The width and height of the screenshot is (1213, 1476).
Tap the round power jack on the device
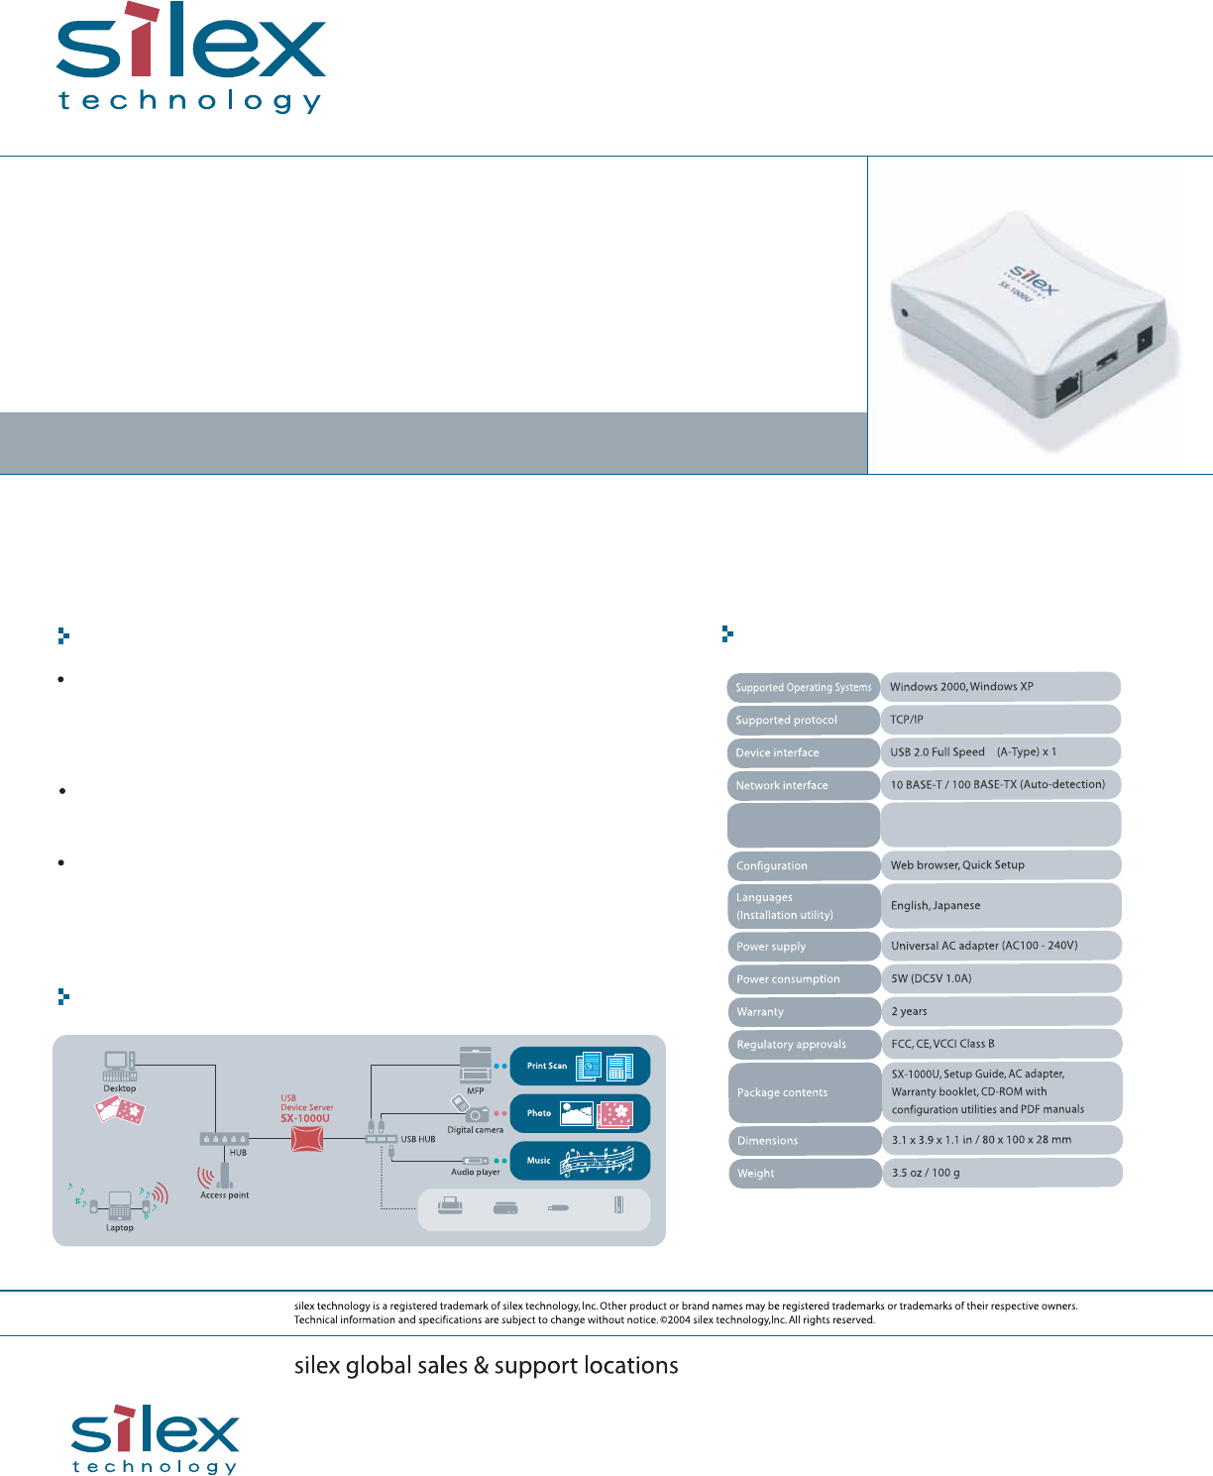click(903, 314)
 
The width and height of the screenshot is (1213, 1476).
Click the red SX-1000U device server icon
click(307, 1139)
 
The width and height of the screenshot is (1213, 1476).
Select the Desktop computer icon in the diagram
click(119, 1067)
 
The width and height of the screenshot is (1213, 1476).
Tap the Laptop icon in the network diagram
click(120, 1204)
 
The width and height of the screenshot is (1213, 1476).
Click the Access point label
click(225, 1195)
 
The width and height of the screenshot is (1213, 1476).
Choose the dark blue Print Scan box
click(580, 1066)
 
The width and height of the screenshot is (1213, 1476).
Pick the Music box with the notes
click(580, 1161)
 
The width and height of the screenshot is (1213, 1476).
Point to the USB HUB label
click(418, 1139)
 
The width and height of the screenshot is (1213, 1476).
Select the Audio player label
click(476, 1172)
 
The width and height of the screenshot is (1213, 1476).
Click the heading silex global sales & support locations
click(486, 1365)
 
